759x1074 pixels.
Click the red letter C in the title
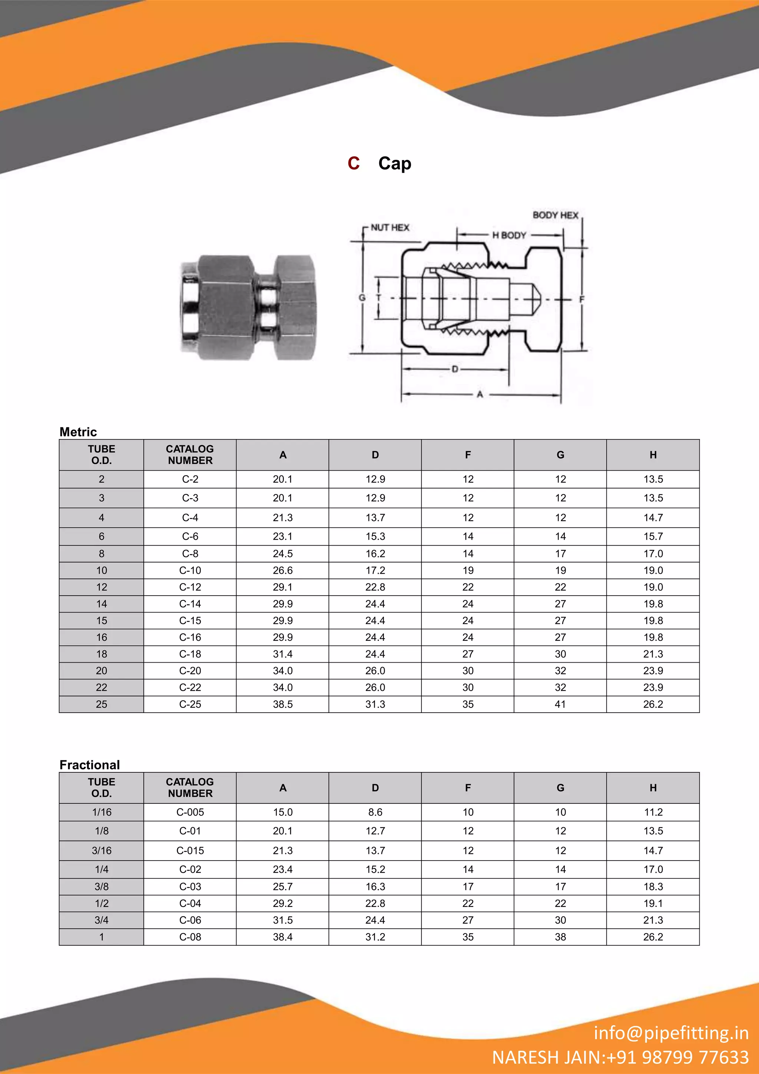354,163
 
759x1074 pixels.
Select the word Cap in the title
395,163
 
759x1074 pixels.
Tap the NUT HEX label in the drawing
390,228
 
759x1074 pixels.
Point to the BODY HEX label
555,215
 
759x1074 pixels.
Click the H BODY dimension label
509,235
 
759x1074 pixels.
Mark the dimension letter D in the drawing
455,369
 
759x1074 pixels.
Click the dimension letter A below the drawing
480,395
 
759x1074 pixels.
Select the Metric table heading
78,432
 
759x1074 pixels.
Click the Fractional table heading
90,765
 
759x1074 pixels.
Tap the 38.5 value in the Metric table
282,704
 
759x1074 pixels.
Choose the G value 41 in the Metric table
560,704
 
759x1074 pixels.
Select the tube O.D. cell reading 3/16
102,851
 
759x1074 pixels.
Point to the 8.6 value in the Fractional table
375,812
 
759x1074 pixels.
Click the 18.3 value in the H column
653,886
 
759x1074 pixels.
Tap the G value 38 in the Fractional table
560,937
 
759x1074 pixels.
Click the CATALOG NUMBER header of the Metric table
190,455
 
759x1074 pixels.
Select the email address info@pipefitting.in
671,1033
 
